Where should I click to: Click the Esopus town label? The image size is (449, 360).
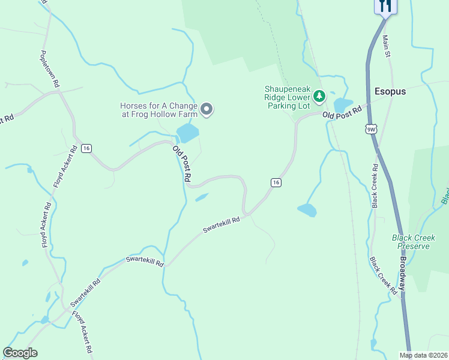pyautogui.click(x=390, y=92)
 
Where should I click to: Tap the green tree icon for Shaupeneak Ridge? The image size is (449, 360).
pyautogui.click(x=319, y=95)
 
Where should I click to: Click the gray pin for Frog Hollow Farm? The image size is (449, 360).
pyautogui.click(x=207, y=109)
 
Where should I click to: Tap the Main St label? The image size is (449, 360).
pyautogui.click(x=387, y=46)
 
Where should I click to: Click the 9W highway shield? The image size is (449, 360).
pyautogui.click(x=372, y=129)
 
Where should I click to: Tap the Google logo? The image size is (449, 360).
pyautogui.click(x=20, y=353)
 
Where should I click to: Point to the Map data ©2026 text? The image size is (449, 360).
pyautogui.click(x=423, y=355)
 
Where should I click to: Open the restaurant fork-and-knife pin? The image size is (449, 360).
pyautogui.click(x=385, y=6)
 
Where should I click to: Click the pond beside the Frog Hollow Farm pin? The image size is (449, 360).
pyautogui.click(x=187, y=133)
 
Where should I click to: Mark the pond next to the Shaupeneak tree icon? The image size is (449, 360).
pyautogui.click(x=342, y=105)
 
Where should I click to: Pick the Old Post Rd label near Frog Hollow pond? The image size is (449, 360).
pyautogui.click(x=181, y=164)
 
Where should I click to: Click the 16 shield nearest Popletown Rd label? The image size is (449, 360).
pyautogui.click(x=87, y=148)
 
